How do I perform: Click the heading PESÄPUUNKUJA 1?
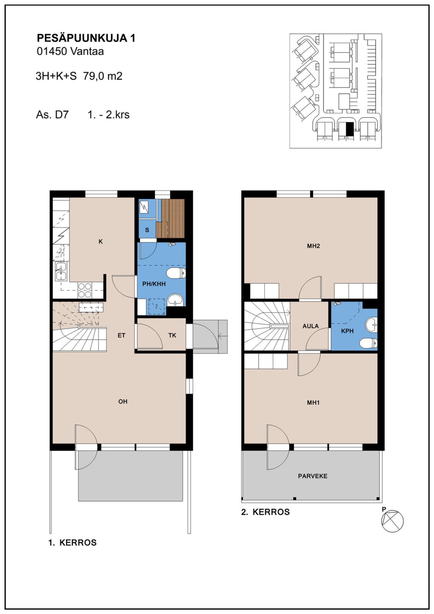tap(86, 38)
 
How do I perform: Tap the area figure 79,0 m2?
tap(103, 76)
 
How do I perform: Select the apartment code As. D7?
tap(52, 115)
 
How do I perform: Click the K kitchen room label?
tap(101, 241)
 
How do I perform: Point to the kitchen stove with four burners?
tap(85, 290)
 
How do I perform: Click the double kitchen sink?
tap(61, 271)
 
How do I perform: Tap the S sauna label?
tap(147, 230)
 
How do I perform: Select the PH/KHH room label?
tap(154, 284)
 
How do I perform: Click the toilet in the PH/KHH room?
tap(176, 273)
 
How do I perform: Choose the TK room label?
tap(172, 335)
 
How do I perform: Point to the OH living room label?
tap(123, 401)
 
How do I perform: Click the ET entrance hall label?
tap(121, 335)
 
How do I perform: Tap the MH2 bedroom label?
tap(313, 246)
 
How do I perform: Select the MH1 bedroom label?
tap(313, 403)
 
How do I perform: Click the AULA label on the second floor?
tap(310, 326)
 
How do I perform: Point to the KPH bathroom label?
tap(347, 331)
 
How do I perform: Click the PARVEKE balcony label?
tap(313, 476)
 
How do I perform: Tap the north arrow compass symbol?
tap(392, 521)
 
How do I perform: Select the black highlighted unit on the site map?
tap(349, 129)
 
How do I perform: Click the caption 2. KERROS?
tap(265, 512)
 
